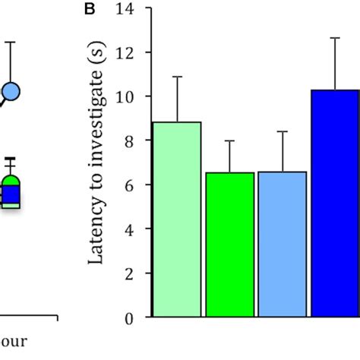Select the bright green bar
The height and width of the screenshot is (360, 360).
[x=230, y=244]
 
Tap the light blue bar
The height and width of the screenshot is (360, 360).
[x=283, y=244]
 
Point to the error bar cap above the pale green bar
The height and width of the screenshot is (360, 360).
[x=177, y=77]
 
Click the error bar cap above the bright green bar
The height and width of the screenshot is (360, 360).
[x=230, y=141]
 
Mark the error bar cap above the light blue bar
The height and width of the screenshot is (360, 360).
[x=283, y=131]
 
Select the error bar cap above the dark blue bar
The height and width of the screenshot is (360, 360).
[x=335, y=38]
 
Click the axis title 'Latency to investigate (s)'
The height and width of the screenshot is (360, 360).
[x=96, y=163]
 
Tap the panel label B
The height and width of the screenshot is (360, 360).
[x=90, y=9]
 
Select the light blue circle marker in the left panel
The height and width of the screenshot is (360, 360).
[x=11, y=92]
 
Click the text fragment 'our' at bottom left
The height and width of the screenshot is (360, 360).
[x=14, y=341]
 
